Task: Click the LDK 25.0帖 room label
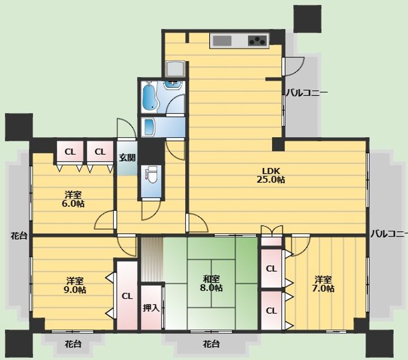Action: [x=271, y=175]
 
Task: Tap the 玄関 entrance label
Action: [x=127, y=158]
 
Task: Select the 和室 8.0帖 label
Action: [x=211, y=283]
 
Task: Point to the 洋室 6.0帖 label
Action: [x=73, y=199]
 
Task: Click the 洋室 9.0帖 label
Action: [x=75, y=285]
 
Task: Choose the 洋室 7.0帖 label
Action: [x=323, y=284]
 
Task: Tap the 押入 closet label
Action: [x=151, y=308]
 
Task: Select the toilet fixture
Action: [x=151, y=175]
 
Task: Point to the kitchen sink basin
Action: [x=222, y=41]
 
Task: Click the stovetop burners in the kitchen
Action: [x=258, y=41]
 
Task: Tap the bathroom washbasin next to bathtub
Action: [x=172, y=85]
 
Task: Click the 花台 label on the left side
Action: [x=19, y=236]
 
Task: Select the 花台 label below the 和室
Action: [x=211, y=344]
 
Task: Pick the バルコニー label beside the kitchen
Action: [x=307, y=92]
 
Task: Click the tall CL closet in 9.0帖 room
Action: [x=127, y=296]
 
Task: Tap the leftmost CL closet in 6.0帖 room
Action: [x=70, y=151]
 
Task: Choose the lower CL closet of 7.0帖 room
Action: [x=271, y=311]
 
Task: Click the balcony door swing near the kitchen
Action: [x=294, y=67]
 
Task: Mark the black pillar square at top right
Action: [x=307, y=19]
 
